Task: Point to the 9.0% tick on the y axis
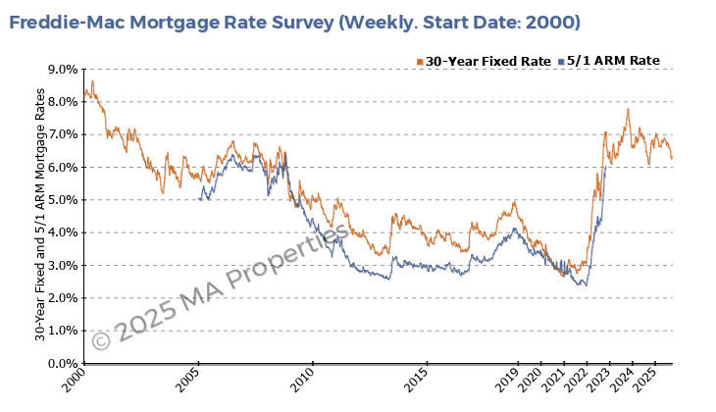click(x=62, y=70)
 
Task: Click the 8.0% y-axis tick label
click(x=62, y=102)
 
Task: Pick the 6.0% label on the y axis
click(x=62, y=168)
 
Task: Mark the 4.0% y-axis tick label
click(x=62, y=232)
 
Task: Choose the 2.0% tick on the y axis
click(x=62, y=298)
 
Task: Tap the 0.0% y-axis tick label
click(x=62, y=364)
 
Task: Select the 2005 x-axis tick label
click(x=189, y=379)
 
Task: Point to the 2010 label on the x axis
click(x=302, y=379)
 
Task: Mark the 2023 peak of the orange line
click(x=627, y=109)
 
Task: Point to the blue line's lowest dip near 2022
click(x=585, y=285)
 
